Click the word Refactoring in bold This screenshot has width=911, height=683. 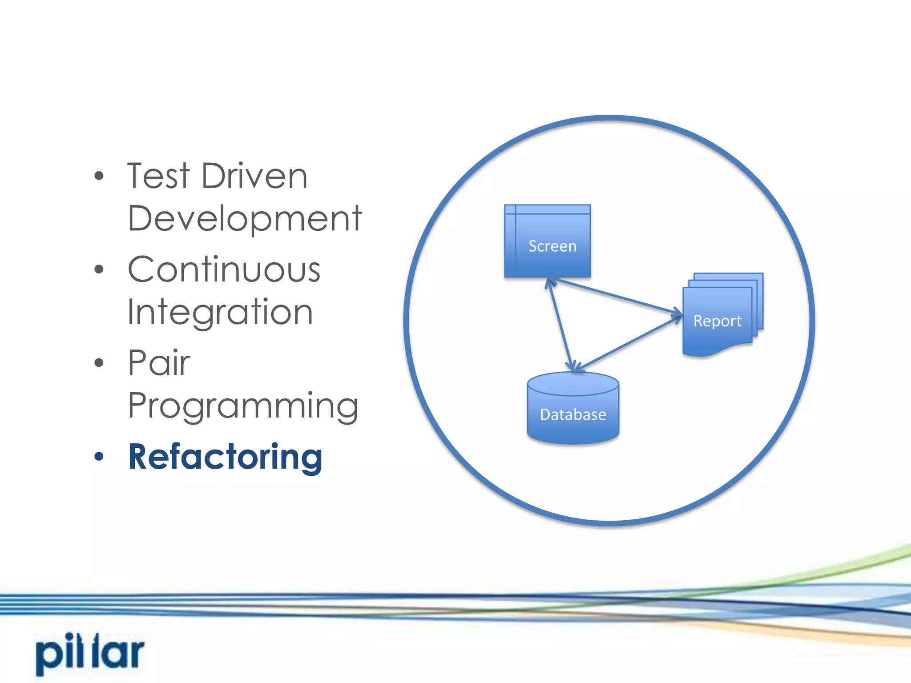[x=225, y=457]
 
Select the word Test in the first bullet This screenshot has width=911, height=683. [x=158, y=176]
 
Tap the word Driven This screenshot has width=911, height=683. [x=254, y=176]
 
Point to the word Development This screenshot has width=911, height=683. [x=245, y=218]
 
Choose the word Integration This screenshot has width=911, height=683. [x=220, y=312]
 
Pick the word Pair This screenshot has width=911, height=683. [x=159, y=363]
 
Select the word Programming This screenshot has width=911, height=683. [x=243, y=406]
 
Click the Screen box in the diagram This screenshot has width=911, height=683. [x=547, y=241]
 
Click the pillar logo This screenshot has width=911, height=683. [x=90, y=653]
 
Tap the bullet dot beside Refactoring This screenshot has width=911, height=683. [x=99, y=457]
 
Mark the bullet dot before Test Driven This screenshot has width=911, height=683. [x=99, y=176]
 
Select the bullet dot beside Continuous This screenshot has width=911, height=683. [x=99, y=269]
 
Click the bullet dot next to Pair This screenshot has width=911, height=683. [x=99, y=363]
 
